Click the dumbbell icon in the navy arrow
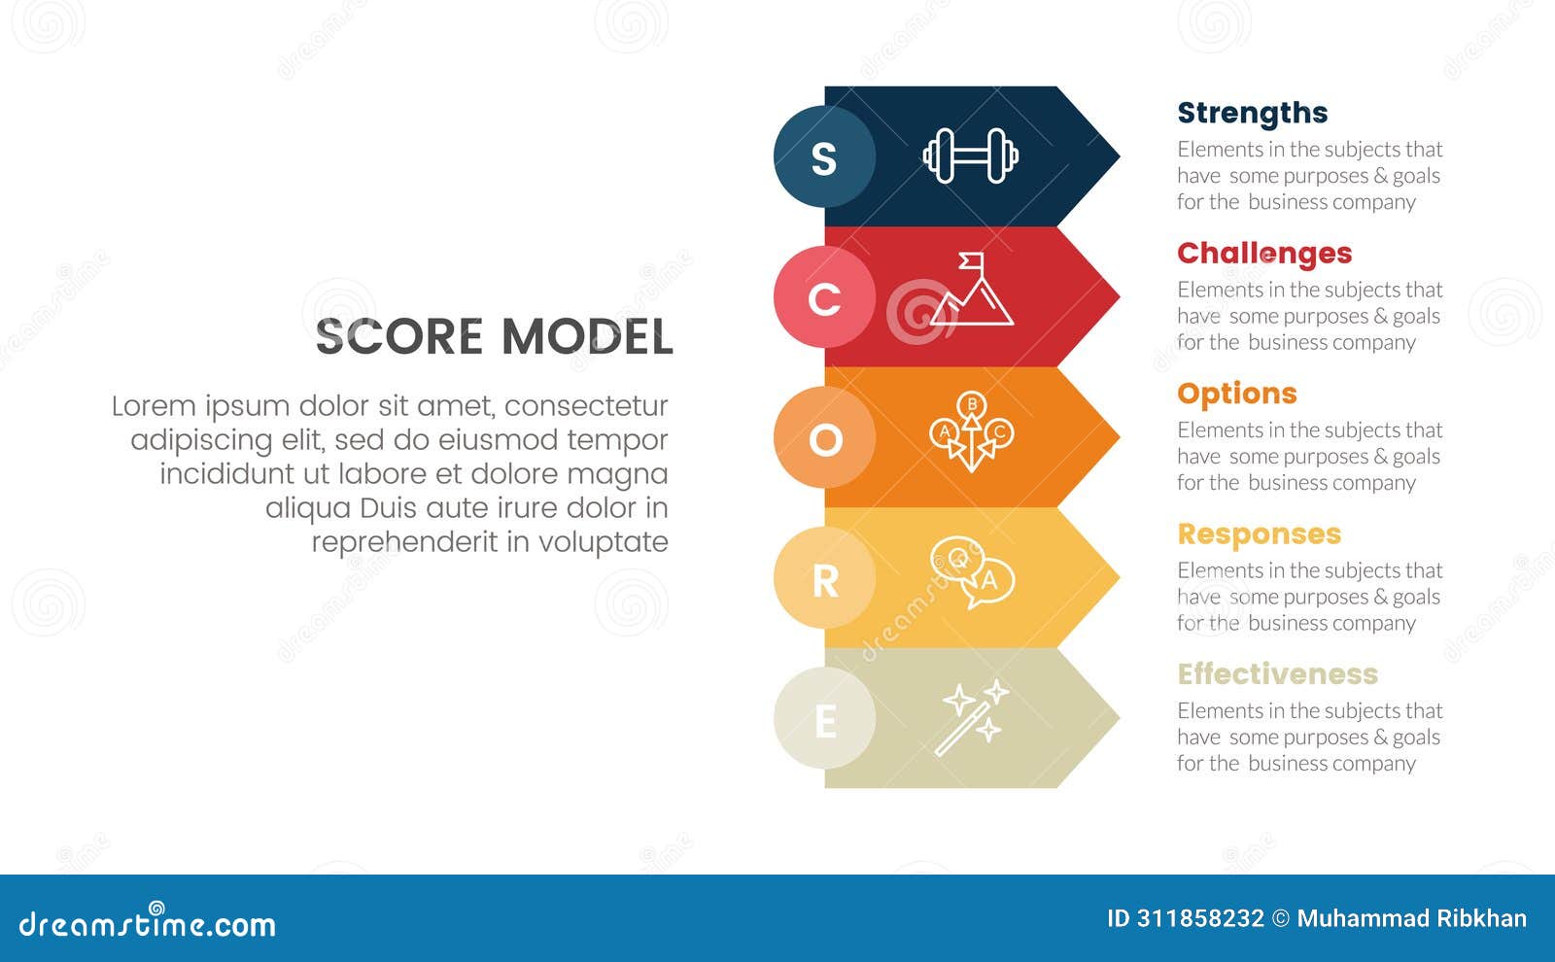(x=970, y=155)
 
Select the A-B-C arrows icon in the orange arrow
(x=971, y=432)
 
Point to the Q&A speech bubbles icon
(x=972, y=573)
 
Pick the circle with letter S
(x=824, y=156)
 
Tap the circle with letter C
(x=824, y=297)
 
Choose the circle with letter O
(x=824, y=438)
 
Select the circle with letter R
(x=824, y=579)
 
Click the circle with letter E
(x=824, y=719)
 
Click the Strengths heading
(x=1252, y=113)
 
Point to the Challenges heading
(x=1263, y=254)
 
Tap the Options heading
(x=1236, y=394)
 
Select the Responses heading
(x=1259, y=533)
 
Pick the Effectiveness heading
(x=1277, y=673)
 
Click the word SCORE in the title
(x=399, y=337)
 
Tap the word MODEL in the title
(x=586, y=337)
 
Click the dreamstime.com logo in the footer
(x=148, y=922)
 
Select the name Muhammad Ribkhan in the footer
(x=1411, y=918)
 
